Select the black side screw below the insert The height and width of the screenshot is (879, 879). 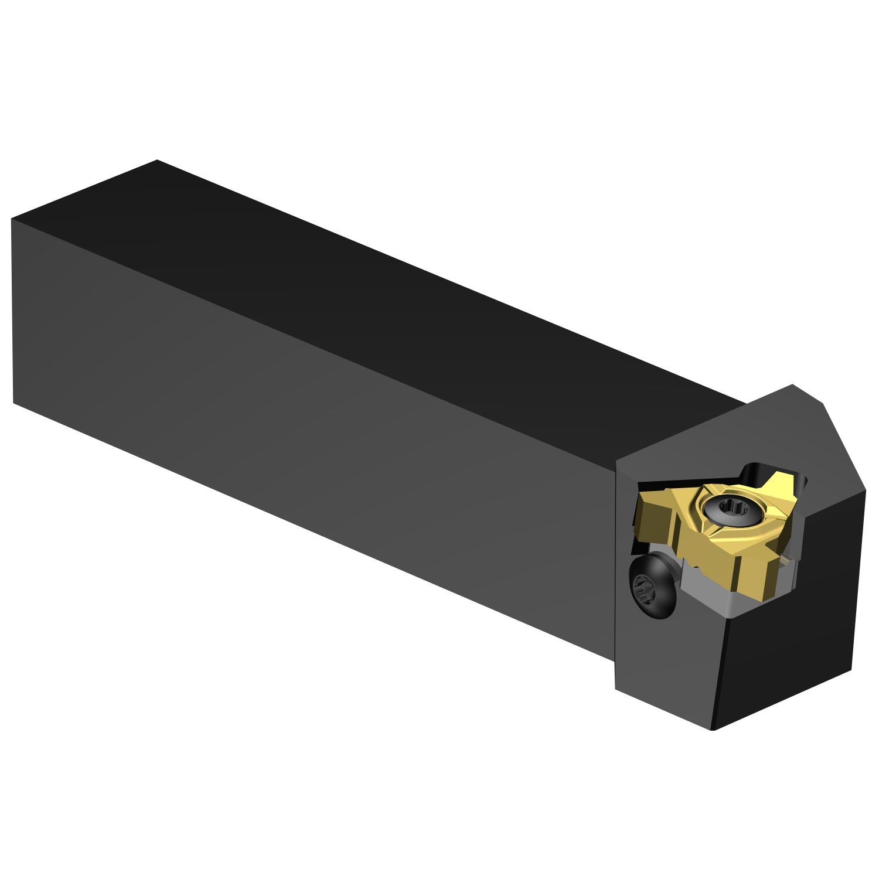point(652,586)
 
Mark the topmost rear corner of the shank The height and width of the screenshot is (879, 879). point(157,160)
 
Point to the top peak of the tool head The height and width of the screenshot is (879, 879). point(792,385)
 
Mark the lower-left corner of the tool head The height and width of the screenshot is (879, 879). point(616,689)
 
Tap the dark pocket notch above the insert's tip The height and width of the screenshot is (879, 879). point(756,472)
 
